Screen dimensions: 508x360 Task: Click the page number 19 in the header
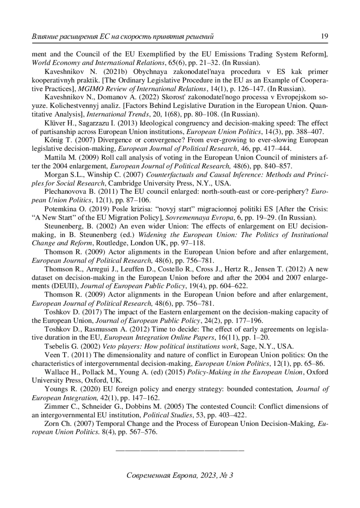324,37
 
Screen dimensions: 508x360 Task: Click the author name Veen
52,355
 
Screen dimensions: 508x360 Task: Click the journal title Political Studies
167,415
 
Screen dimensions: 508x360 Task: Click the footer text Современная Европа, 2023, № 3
180,476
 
